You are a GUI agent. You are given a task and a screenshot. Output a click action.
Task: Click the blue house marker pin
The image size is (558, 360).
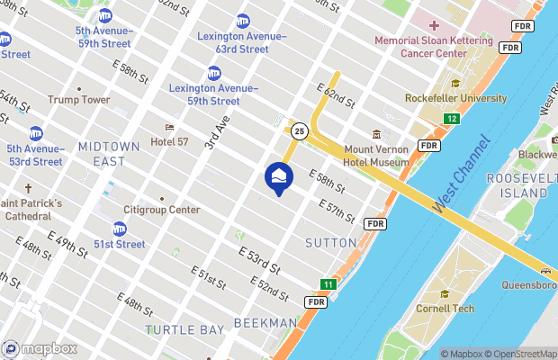click(279, 176)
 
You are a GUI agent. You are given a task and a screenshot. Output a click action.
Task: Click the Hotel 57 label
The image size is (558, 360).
click(175, 141)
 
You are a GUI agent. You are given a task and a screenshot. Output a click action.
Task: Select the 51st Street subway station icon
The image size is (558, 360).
click(120, 229)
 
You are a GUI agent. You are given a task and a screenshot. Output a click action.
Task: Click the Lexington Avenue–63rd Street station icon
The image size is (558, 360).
click(243, 21)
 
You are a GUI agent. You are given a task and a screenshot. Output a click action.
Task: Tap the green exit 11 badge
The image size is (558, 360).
click(328, 284)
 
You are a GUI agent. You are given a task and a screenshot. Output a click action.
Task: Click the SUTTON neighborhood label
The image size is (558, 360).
click(330, 243)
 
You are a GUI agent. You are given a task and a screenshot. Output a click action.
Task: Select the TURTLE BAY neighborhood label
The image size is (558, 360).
click(184, 329)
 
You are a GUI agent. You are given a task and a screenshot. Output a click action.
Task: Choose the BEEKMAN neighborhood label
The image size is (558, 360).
click(265, 322)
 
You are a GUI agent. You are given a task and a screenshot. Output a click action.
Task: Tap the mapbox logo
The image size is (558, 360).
click(40, 348)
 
